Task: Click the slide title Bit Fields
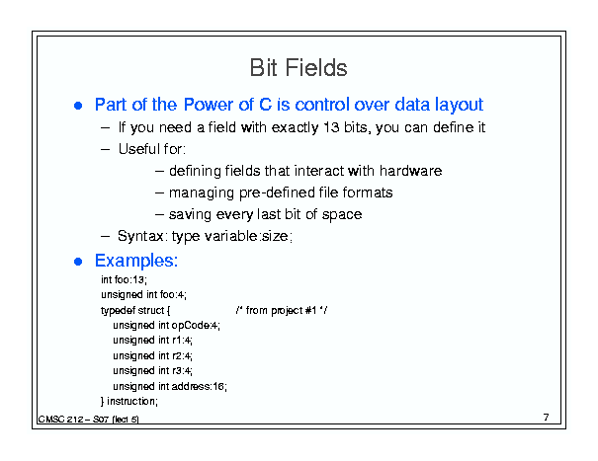pyautogui.click(x=299, y=68)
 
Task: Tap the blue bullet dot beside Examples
pyautogui.click(x=78, y=262)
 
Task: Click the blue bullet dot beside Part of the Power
pyautogui.click(x=78, y=106)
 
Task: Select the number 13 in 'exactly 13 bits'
pyautogui.click(x=331, y=127)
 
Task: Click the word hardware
pyautogui.click(x=411, y=171)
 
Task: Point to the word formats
pyautogui.click(x=368, y=192)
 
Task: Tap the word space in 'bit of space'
pyautogui.click(x=342, y=214)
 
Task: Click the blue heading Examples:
pyautogui.click(x=136, y=261)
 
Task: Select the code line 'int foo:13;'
pyautogui.click(x=124, y=279)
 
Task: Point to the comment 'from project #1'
pyautogui.click(x=281, y=311)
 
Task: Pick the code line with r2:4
pyautogui.click(x=152, y=355)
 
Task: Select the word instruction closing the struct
pyautogui.click(x=131, y=401)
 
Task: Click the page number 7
pyautogui.click(x=547, y=418)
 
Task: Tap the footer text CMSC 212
pyautogui.click(x=60, y=420)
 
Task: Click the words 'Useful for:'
pyautogui.click(x=152, y=149)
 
